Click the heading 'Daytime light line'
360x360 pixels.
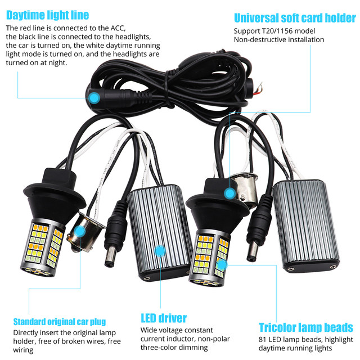tap(47, 13)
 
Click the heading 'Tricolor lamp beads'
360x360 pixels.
tap(305, 327)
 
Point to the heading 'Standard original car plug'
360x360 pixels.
tap(59, 322)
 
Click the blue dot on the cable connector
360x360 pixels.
tap(94, 98)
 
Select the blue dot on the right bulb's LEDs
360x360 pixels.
tap(222, 263)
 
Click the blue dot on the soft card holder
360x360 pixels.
tap(229, 193)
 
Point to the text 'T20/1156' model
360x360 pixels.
tap(280, 31)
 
